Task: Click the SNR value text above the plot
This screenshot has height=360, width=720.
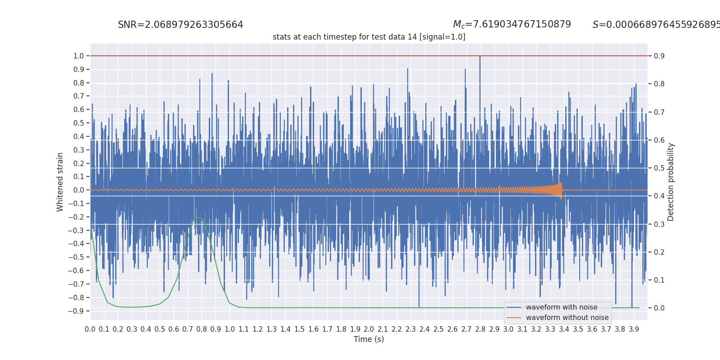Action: click(x=180, y=25)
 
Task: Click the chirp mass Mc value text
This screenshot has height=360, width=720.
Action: click(x=512, y=24)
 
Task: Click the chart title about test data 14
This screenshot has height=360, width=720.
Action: click(x=369, y=37)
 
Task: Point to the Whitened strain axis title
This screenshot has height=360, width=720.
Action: click(x=60, y=182)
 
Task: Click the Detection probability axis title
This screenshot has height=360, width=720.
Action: click(x=671, y=182)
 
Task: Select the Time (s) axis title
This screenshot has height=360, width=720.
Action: click(x=369, y=339)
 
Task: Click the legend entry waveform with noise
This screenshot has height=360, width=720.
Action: click(x=561, y=307)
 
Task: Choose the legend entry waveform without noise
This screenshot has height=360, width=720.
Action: click(x=567, y=318)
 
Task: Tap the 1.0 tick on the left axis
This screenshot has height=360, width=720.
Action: click(x=79, y=56)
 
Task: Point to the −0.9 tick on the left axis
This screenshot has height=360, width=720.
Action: click(x=76, y=311)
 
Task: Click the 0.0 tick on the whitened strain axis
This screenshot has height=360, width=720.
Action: click(x=79, y=190)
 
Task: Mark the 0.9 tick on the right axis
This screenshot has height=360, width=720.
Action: click(x=659, y=56)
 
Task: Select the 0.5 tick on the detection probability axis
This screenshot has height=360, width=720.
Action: click(x=659, y=168)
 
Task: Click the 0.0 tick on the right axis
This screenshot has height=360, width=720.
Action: click(x=659, y=308)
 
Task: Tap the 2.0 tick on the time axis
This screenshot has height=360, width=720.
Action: click(x=369, y=329)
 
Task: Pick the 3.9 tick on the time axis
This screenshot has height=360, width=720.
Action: click(x=634, y=329)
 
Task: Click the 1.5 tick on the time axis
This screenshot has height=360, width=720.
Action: click(x=299, y=329)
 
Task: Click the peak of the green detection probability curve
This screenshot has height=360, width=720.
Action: click(x=195, y=217)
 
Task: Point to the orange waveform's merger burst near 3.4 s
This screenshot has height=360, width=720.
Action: click(x=560, y=190)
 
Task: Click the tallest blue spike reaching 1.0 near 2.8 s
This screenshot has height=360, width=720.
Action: click(x=480, y=57)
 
